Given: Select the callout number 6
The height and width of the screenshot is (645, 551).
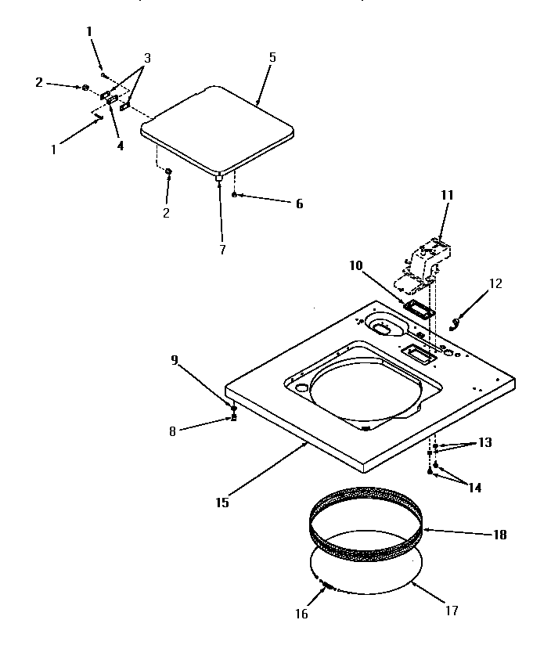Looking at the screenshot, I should (x=299, y=204).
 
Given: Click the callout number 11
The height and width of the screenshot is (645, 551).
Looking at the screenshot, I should (x=447, y=195).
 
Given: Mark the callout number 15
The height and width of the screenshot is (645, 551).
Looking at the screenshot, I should (x=223, y=503).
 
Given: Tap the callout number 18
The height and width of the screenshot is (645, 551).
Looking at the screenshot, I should (x=500, y=535).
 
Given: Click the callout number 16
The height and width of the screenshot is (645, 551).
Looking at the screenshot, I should (x=302, y=614).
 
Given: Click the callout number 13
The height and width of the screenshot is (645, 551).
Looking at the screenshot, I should (x=485, y=442).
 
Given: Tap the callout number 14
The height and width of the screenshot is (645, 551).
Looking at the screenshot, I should (x=474, y=488).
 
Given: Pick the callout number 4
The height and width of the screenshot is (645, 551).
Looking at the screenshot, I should (x=121, y=146).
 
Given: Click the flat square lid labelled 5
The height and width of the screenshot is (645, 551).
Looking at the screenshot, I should (x=219, y=129).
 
